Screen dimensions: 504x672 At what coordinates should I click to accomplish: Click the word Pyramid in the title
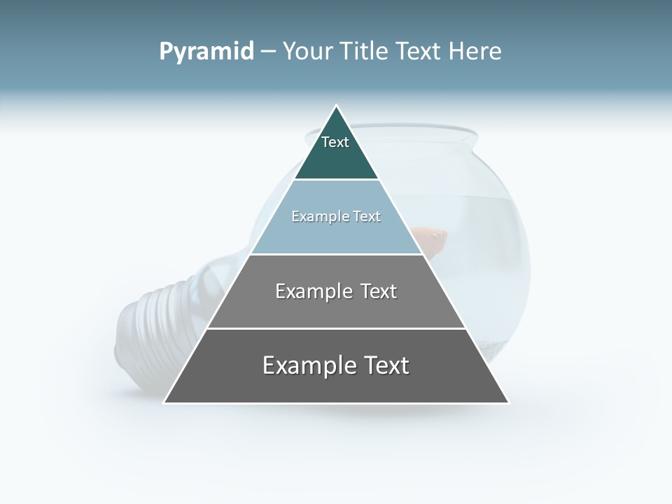click(x=206, y=52)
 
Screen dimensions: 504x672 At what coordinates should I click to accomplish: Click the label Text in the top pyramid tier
click(x=335, y=142)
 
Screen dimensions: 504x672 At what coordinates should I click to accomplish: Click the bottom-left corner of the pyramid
click(x=164, y=402)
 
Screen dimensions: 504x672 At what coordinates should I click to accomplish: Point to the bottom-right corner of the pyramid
click(x=508, y=402)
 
